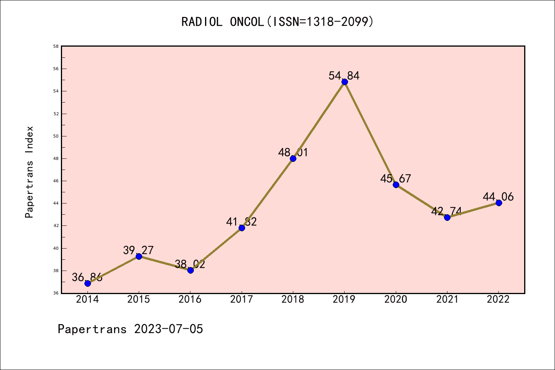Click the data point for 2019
click(345, 82)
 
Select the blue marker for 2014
click(87, 283)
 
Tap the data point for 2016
click(190, 270)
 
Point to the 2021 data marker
click(447, 217)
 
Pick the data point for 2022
click(499, 203)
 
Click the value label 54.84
click(344, 76)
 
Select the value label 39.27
click(138, 250)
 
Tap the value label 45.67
click(395, 178)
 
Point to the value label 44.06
click(498, 197)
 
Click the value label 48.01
click(293, 152)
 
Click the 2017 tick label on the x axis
click(242, 299)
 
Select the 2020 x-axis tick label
click(396, 299)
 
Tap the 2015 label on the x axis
click(139, 299)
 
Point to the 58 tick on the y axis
click(56, 46)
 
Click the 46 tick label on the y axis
click(56, 181)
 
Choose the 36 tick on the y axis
click(56, 293)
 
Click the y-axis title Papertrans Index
click(29, 172)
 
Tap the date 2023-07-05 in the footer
click(168, 329)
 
